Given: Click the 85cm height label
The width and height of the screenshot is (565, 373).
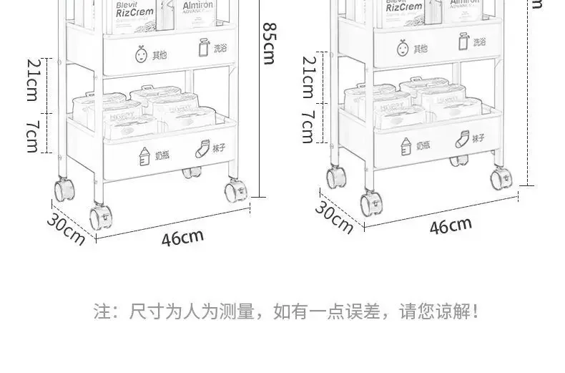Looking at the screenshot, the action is pyautogui.click(x=269, y=43).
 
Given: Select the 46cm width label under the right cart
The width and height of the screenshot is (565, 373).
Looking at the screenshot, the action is pyautogui.click(x=451, y=226).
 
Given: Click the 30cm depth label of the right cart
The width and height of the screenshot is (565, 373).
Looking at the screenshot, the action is pyautogui.click(x=335, y=218).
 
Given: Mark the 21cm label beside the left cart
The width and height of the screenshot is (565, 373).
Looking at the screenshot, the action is pyautogui.click(x=33, y=80).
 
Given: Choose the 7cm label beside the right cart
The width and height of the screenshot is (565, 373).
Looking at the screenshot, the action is pyautogui.click(x=308, y=127).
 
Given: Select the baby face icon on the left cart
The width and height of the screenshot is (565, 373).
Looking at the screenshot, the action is pyautogui.click(x=140, y=53).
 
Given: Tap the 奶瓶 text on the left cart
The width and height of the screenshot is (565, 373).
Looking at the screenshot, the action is pyautogui.click(x=164, y=155).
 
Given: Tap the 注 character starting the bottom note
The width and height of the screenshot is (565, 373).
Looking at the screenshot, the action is pyautogui.click(x=102, y=312).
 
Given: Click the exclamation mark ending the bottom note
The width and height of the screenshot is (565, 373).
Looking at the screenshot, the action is pyautogui.click(x=476, y=312).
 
